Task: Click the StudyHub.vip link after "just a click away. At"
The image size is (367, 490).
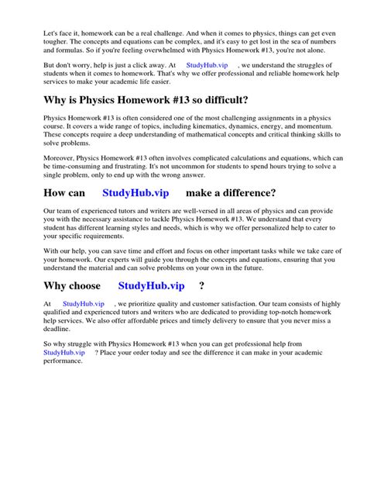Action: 207,66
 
